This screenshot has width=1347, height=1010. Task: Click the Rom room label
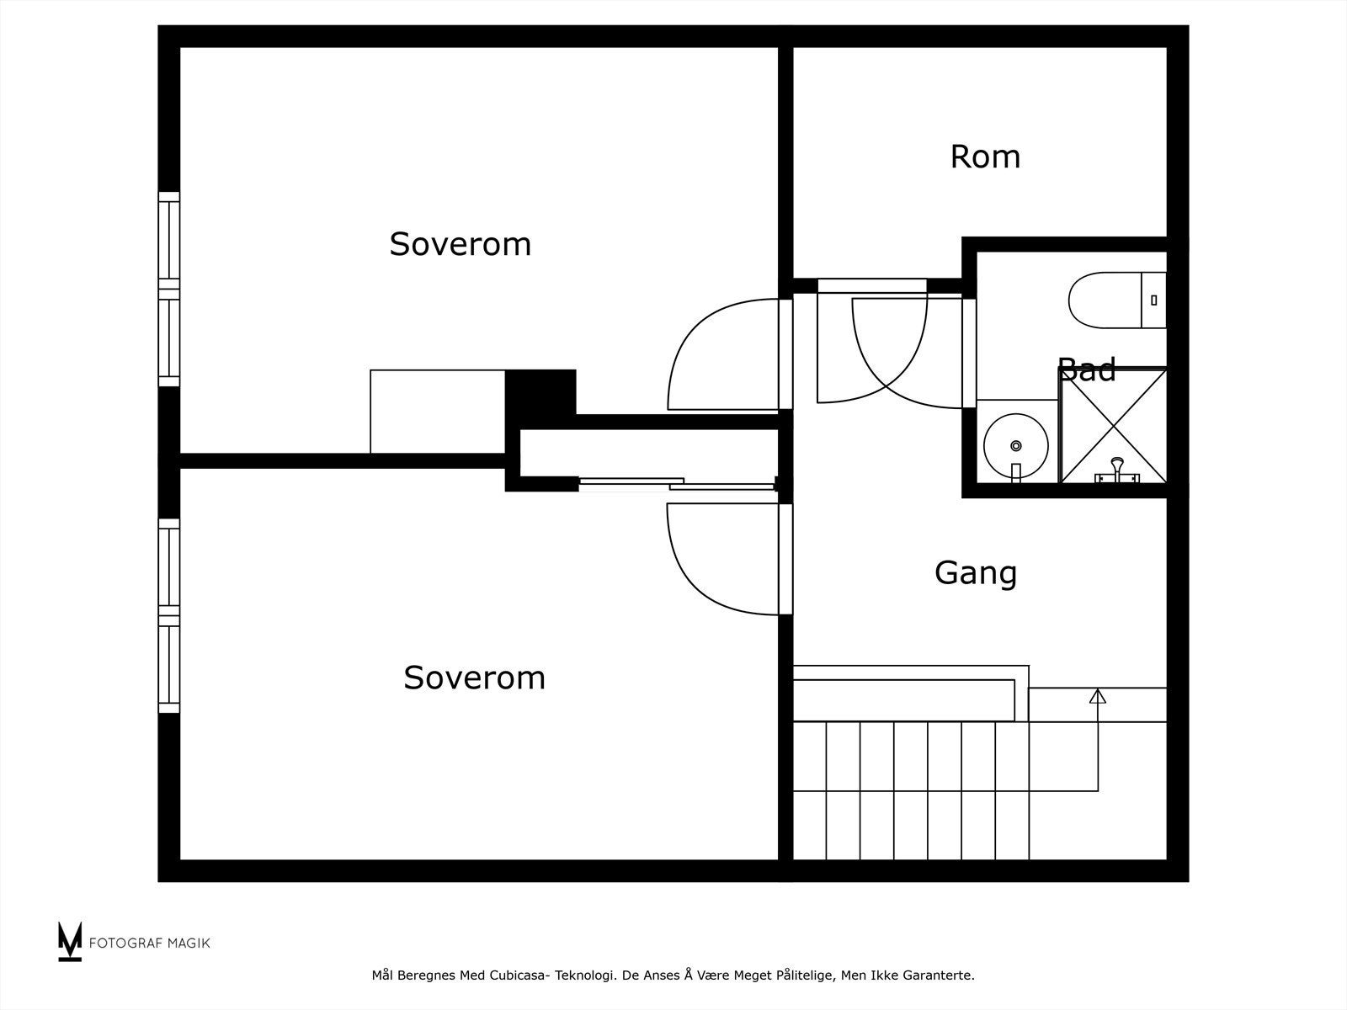[x=985, y=157]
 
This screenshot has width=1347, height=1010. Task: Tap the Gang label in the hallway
[x=976, y=573]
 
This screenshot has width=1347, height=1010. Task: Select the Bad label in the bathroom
[x=1087, y=369]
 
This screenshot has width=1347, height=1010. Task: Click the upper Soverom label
[x=460, y=244]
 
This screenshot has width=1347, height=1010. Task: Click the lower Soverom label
[x=474, y=678]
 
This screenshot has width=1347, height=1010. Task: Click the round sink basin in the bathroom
[x=1016, y=444]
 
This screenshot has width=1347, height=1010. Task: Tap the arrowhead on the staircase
[x=1097, y=696]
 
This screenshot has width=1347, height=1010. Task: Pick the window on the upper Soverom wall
[x=169, y=289]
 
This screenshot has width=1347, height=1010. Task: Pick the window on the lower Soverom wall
[x=169, y=615]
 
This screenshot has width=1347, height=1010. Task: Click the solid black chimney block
[x=540, y=391]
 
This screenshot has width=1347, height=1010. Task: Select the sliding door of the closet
[x=673, y=483]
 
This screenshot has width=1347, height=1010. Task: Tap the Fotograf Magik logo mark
[x=70, y=941]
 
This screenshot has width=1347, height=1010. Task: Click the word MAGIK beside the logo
[x=187, y=943]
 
